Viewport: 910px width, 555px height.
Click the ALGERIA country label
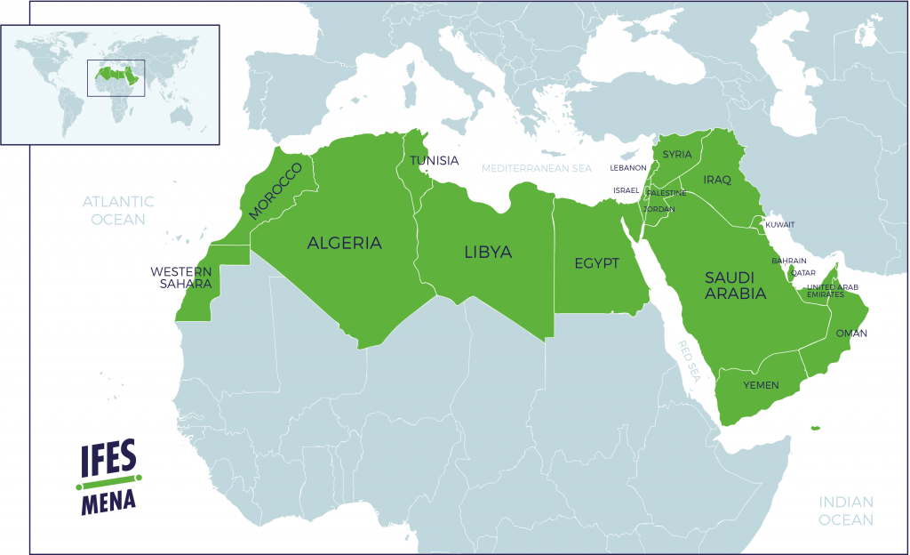344,243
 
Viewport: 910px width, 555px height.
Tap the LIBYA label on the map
488,253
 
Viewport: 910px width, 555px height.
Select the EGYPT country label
595,264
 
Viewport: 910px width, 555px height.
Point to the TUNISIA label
434,161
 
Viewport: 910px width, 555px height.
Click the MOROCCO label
275,191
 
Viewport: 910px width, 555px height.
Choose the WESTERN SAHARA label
181,277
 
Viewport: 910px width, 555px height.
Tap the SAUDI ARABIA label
735,284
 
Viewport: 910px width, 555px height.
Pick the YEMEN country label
761,385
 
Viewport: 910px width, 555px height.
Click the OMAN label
850,334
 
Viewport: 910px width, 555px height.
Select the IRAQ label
716,181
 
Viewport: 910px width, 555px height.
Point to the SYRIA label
677,155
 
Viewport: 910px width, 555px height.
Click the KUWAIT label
779,224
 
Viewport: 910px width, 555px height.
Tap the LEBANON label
627,167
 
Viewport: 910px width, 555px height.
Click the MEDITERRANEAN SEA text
536,168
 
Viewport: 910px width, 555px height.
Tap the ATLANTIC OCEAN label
117,210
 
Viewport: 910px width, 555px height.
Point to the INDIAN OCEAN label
845,511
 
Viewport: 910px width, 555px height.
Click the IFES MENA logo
108,478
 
